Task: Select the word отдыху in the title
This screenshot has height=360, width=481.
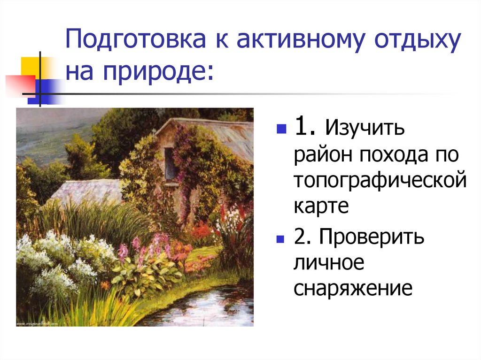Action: [x=418, y=41]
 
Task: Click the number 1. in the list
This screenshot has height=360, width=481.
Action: [x=306, y=127]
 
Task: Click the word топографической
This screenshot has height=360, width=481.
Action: [x=380, y=182]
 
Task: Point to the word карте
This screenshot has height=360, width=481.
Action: [x=322, y=207]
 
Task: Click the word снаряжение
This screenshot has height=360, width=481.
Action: [x=353, y=289]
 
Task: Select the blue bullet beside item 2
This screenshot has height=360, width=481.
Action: [x=281, y=238]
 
